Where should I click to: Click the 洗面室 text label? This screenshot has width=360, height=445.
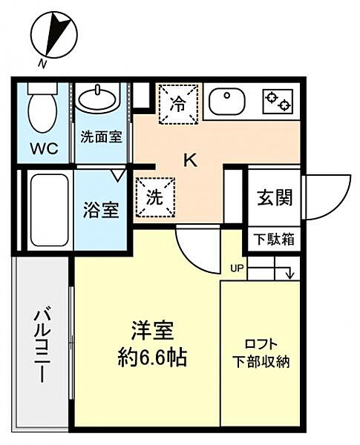coord(102,136)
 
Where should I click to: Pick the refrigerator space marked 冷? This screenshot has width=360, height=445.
coord(180,102)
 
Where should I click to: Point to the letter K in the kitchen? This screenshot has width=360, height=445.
coord(190,159)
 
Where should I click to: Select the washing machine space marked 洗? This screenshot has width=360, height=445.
coord(155,198)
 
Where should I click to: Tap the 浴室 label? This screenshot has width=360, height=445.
coord(100,210)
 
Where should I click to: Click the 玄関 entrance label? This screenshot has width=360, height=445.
coord(274,197)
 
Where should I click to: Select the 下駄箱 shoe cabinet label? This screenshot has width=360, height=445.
coord(274,239)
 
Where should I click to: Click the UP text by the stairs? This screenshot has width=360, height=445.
coord(236,268)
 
